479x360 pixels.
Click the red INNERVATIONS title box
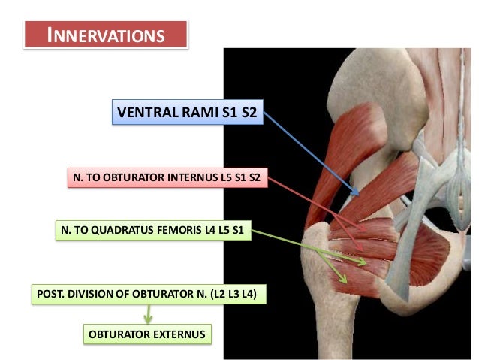[x=105, y=35]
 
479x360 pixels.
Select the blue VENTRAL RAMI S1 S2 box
[x=188, y=113]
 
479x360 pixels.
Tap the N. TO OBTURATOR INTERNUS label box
[x=167, y=178]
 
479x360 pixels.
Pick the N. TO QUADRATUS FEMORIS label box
[x=152, y=231]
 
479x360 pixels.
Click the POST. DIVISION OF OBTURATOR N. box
[x=148, y=294]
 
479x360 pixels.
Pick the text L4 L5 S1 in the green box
[x=224, y=231]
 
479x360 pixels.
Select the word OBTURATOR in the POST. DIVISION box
[x=152, y=294]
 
